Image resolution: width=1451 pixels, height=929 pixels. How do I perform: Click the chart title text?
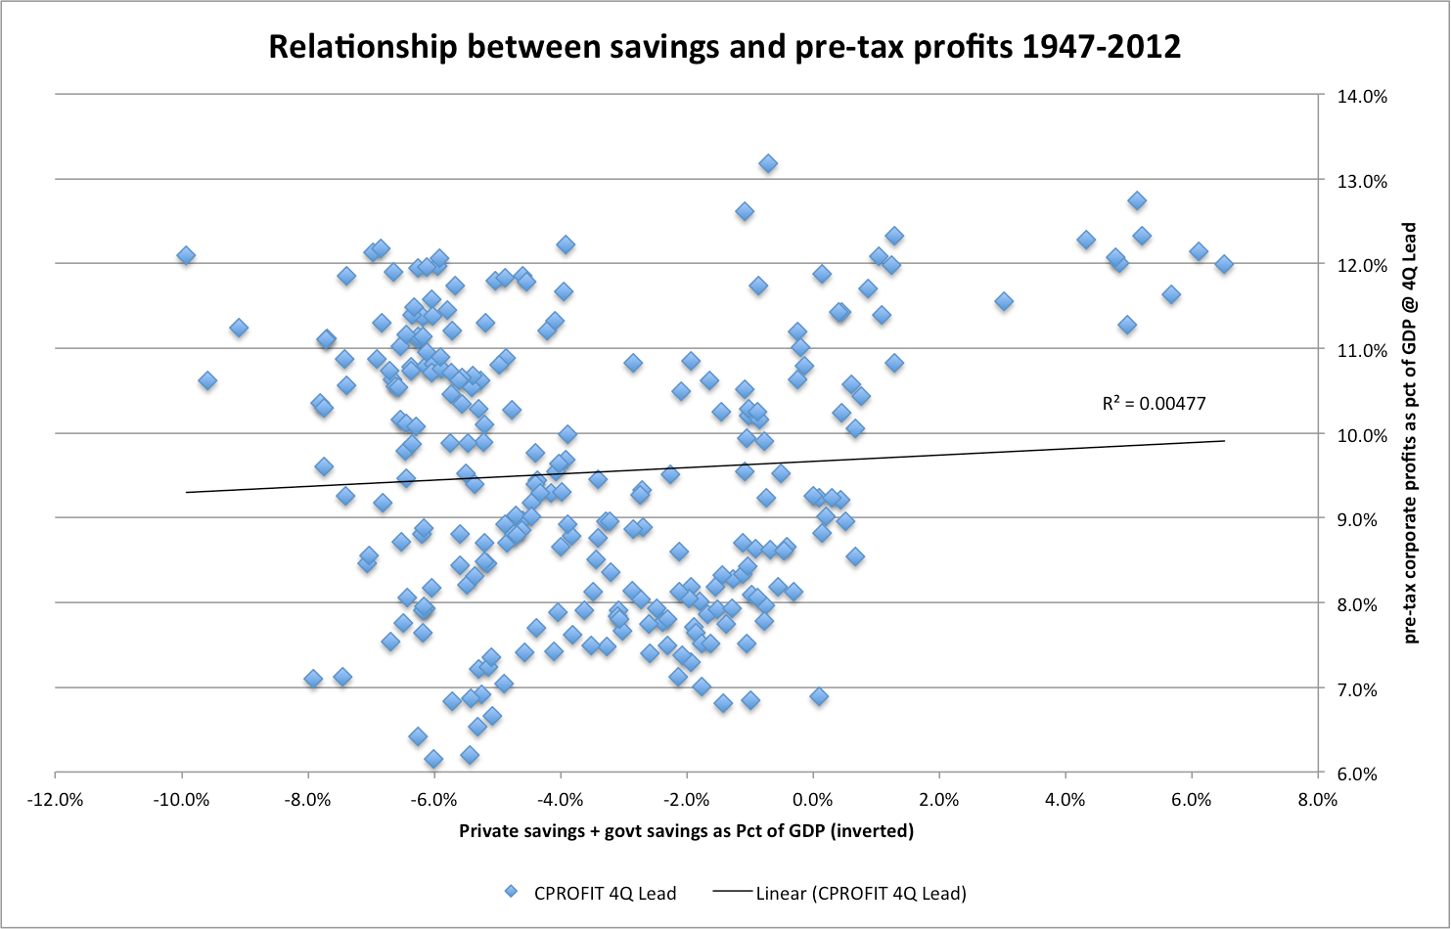pyautogui.click(x=724, y=47)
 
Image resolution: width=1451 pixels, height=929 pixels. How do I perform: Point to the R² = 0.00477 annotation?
pyautogui.click(x=1154, y=403)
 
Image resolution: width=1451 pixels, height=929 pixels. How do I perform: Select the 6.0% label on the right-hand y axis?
pyautogui.click(x=1357, y=774)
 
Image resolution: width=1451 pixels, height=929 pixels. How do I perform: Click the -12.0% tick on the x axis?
pyautogui.click(x=55, y=800)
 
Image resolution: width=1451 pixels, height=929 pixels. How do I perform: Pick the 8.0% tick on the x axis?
pyautogui.click(x=1317, y=800)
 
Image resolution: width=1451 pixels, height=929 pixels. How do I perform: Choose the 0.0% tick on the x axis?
pyautogui.click(x=812, y=800)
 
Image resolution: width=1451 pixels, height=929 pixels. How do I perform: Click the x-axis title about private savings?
pyautogui.click(x=686, y=831)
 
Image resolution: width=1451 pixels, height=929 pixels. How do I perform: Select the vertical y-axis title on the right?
pyautogui.click(x=1410, y=432)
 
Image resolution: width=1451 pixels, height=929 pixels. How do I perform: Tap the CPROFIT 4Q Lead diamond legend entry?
pyautogui.click(x=590, y=893)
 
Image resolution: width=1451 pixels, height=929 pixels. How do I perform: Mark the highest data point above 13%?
pyautogui.click(x=768, y=163)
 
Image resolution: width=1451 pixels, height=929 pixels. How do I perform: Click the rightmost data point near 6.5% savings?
pyautogui.click(x=1223, y=264)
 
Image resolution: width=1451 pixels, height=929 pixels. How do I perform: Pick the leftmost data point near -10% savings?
pyautogui.click(x=186, y=255)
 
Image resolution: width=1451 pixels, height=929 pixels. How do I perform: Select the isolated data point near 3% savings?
pyautogui.click(x=1003, y=301)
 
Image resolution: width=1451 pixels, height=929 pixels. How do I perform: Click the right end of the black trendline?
pyautogui.click(x=1224, y=440)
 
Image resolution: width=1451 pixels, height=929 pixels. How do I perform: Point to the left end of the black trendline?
pyautogui.click(x=187, y=492)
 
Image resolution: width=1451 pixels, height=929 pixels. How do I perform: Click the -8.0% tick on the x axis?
pyautogui.click(x=307, y=800)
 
